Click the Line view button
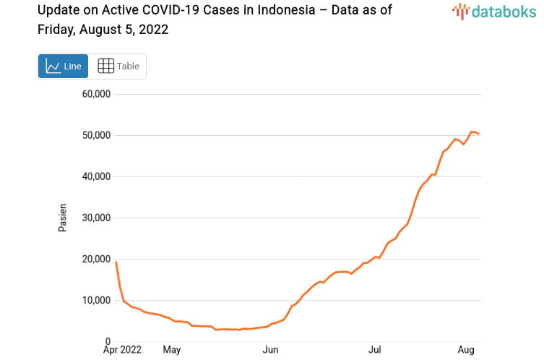click(x=63, y=66)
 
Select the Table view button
click(x=118, y=66)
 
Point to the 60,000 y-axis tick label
click(x=96, y=94)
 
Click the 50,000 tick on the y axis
click(x=96, y=135)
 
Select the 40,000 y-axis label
click(x=96, y=176)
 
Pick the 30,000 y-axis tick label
click(x=96, y=218)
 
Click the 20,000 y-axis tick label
click(x=96, y=259)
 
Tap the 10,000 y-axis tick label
click(x=96, y=300)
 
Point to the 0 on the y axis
click(x=108, y=341)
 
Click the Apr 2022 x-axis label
click(x=122, y=350)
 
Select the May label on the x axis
click(x=171, y=350)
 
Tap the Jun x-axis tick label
click(x=270, y=350)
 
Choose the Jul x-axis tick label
click(x=374, y=350)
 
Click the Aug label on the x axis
click(x=466, y=350)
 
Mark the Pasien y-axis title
click(x=63, y=218)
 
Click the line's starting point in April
click(x=116, y=262)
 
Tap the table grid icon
click(x=105, y=66)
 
